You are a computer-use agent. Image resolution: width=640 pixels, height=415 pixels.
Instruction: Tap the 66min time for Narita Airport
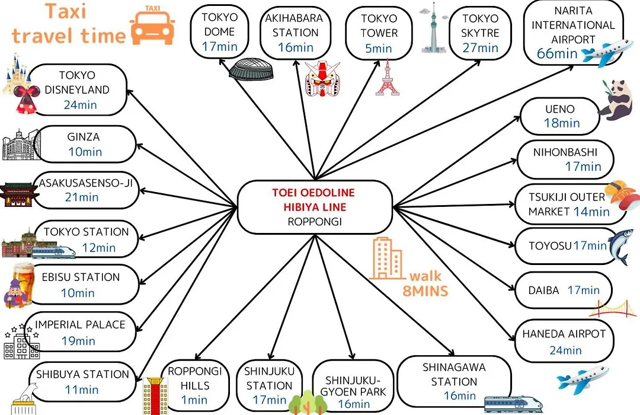556,53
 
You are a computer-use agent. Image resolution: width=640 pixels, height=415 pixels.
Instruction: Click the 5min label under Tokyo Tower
378,49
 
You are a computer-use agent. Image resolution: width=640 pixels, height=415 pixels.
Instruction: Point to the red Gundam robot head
322,79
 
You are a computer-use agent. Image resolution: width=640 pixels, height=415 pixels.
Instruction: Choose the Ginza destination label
84,137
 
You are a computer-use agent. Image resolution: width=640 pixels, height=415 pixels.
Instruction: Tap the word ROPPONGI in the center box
315,221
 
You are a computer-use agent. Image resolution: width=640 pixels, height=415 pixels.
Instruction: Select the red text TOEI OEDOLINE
313,193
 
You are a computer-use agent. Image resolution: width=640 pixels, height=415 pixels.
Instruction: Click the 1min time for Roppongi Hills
194,400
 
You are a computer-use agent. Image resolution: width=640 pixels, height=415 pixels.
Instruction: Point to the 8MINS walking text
425,291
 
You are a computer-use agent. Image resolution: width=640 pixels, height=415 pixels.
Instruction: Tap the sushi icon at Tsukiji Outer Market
621,195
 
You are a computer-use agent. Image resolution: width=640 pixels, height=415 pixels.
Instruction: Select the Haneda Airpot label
564,334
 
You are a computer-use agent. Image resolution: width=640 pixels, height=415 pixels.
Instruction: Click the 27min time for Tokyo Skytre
481,48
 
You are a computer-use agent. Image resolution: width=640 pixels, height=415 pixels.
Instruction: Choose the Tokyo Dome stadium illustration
250,69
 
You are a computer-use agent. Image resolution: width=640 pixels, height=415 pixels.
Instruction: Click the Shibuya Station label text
82,374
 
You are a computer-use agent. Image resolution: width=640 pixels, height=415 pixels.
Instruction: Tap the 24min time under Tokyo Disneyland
81,105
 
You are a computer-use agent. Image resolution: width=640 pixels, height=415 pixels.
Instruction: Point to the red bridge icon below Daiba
613,308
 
